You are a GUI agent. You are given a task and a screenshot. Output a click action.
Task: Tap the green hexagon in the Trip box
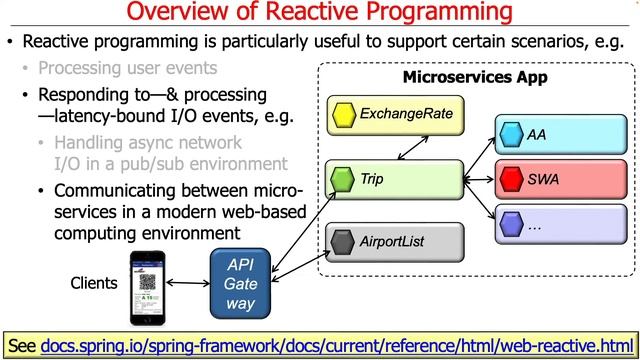click(x=343, y=182)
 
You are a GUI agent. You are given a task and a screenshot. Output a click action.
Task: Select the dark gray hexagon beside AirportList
click(x=343, y=241)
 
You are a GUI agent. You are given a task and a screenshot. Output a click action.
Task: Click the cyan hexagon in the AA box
click(x=511, y=134)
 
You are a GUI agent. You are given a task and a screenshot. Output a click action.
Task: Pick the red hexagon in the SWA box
click(x=511, y=181)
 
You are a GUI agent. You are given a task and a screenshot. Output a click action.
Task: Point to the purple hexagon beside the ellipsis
click(x=511, y=226)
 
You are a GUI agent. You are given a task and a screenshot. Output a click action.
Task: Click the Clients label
click(x=94, y=283)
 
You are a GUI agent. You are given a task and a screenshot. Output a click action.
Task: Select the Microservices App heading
click(x=465, y=77)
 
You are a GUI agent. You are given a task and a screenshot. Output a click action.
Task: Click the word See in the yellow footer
click(x=23, y=345)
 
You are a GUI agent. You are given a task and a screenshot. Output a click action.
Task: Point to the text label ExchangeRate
click(x=406, y=114)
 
